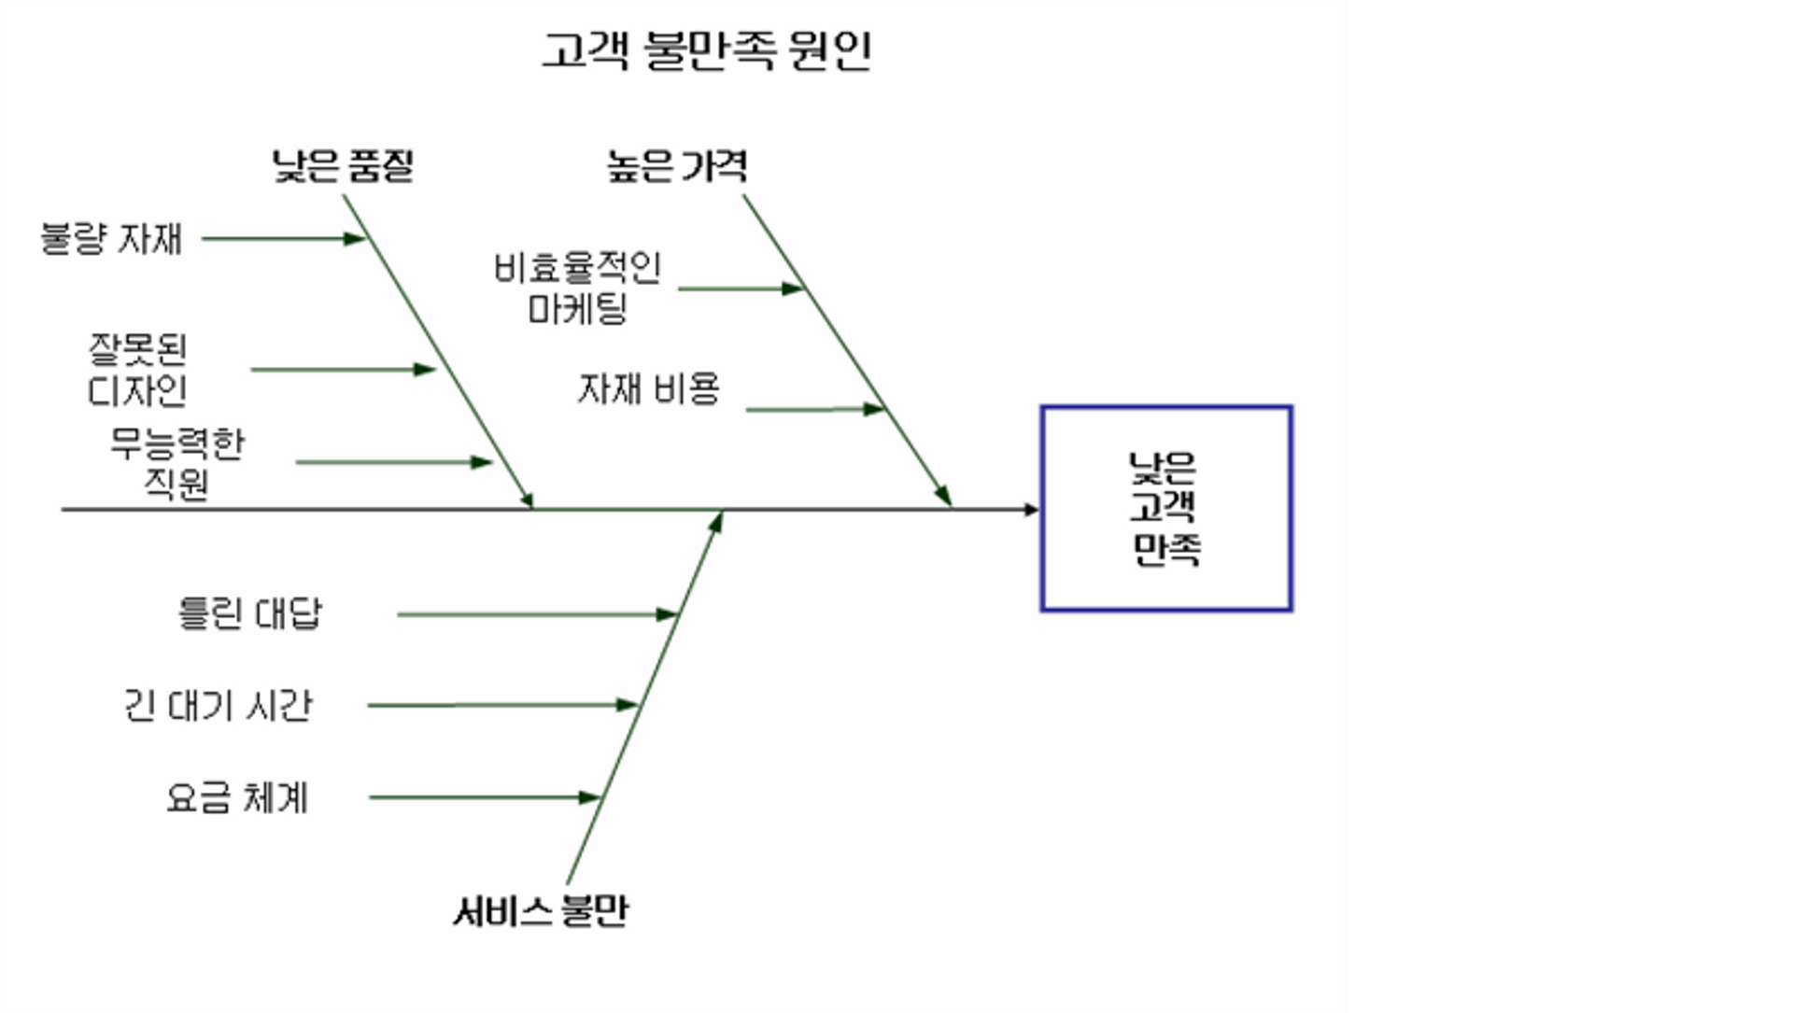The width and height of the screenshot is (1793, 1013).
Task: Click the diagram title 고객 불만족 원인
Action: pos(707,50)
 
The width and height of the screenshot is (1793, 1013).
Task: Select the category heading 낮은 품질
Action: pos(343,166)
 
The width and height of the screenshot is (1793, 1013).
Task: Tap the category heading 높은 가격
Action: pos(677,166)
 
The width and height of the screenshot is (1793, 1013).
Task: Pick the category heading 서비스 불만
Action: pos(540,910)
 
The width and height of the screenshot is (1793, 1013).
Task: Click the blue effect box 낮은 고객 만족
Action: pos(1165,509)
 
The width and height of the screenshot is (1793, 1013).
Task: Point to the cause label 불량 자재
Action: pos(111,239)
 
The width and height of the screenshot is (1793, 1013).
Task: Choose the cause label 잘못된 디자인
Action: pos(137,370)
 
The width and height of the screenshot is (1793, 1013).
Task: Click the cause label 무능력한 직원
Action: pos(176,463)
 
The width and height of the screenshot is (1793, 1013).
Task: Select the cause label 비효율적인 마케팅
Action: pos(577,288)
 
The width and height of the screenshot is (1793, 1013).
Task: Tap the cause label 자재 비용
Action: pos(648,389)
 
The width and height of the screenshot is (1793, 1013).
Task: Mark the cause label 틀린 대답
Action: pos(249,614)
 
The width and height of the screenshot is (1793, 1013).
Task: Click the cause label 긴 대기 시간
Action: pos(218,706)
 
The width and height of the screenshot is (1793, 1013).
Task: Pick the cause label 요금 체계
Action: pos(236,798)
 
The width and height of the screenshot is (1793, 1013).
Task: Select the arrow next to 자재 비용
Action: pos(814,410)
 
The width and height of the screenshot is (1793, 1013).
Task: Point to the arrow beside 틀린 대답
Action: pos(536,614)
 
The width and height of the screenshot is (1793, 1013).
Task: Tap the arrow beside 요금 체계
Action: pos(484,797)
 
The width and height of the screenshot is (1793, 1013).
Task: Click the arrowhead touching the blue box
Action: pos(1031,510)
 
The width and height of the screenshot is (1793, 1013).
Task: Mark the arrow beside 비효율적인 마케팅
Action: pos(741,289)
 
